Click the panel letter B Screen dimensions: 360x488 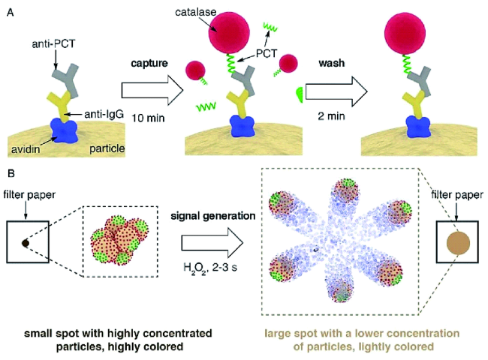click(x=9, y=175)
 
